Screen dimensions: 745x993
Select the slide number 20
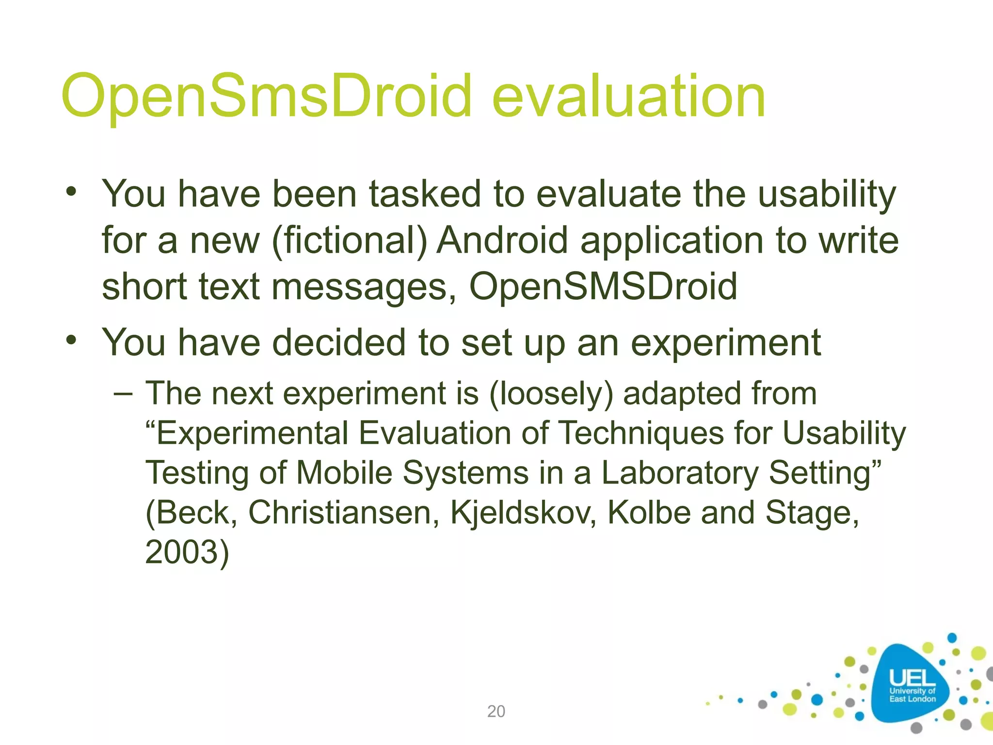pyautogui.click(x=496, y=711)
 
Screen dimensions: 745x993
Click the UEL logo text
pyautogui.click(x=912, y=679)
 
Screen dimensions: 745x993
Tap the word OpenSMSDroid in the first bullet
pyautogui.click(x=603, y=286)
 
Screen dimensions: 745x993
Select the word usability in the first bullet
pyautogui.click(x=827, y=194)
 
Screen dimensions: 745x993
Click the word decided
pyautogui.click(x=338, y=342)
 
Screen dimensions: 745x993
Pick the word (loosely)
pyautogui.click(x=551, y=393)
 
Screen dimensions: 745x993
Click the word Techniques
pyautogui.click(x=641, y=433)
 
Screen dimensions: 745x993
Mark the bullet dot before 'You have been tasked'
pyautogui.click(x=72, y=191)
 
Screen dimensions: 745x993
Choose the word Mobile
pyautogui.click(x=344, y=472)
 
